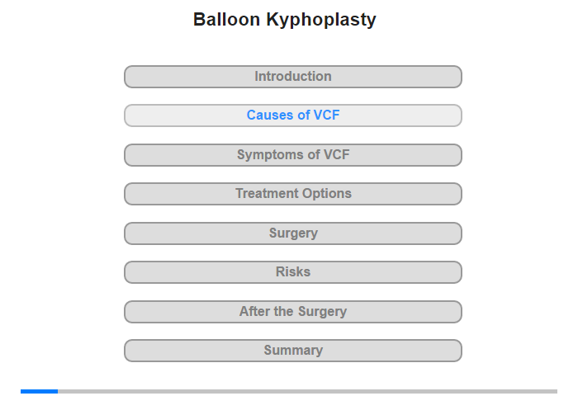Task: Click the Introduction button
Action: pos(293,77)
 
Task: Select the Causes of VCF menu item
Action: pos(293,115)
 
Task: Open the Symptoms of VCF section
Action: pos(293,155)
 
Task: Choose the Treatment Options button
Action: pos(293,194)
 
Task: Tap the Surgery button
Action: pos(293,233)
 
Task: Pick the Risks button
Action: pos(293,272)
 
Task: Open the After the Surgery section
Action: pos(293,312)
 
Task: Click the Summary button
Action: pos(293,351)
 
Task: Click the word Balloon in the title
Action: pos(227,19)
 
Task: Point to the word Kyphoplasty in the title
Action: pos(321,21)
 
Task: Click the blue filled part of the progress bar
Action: pos(39,391)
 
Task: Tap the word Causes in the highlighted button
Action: pos(271,115)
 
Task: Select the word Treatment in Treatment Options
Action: pos(262,193)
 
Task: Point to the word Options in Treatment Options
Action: pos(322,194)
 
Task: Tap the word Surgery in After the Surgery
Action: pos(322,312)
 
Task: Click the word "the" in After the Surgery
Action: pos(284,311)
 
